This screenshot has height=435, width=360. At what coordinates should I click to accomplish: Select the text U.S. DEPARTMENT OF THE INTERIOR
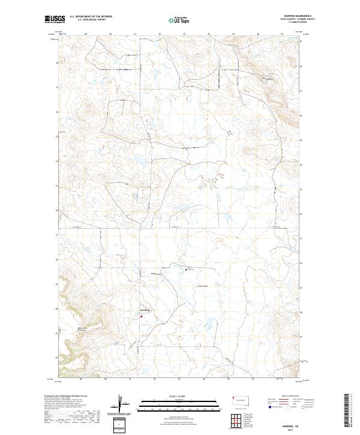91,16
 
